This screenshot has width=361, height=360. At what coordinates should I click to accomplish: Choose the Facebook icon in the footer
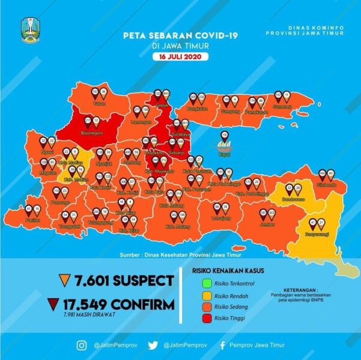point(223,345)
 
